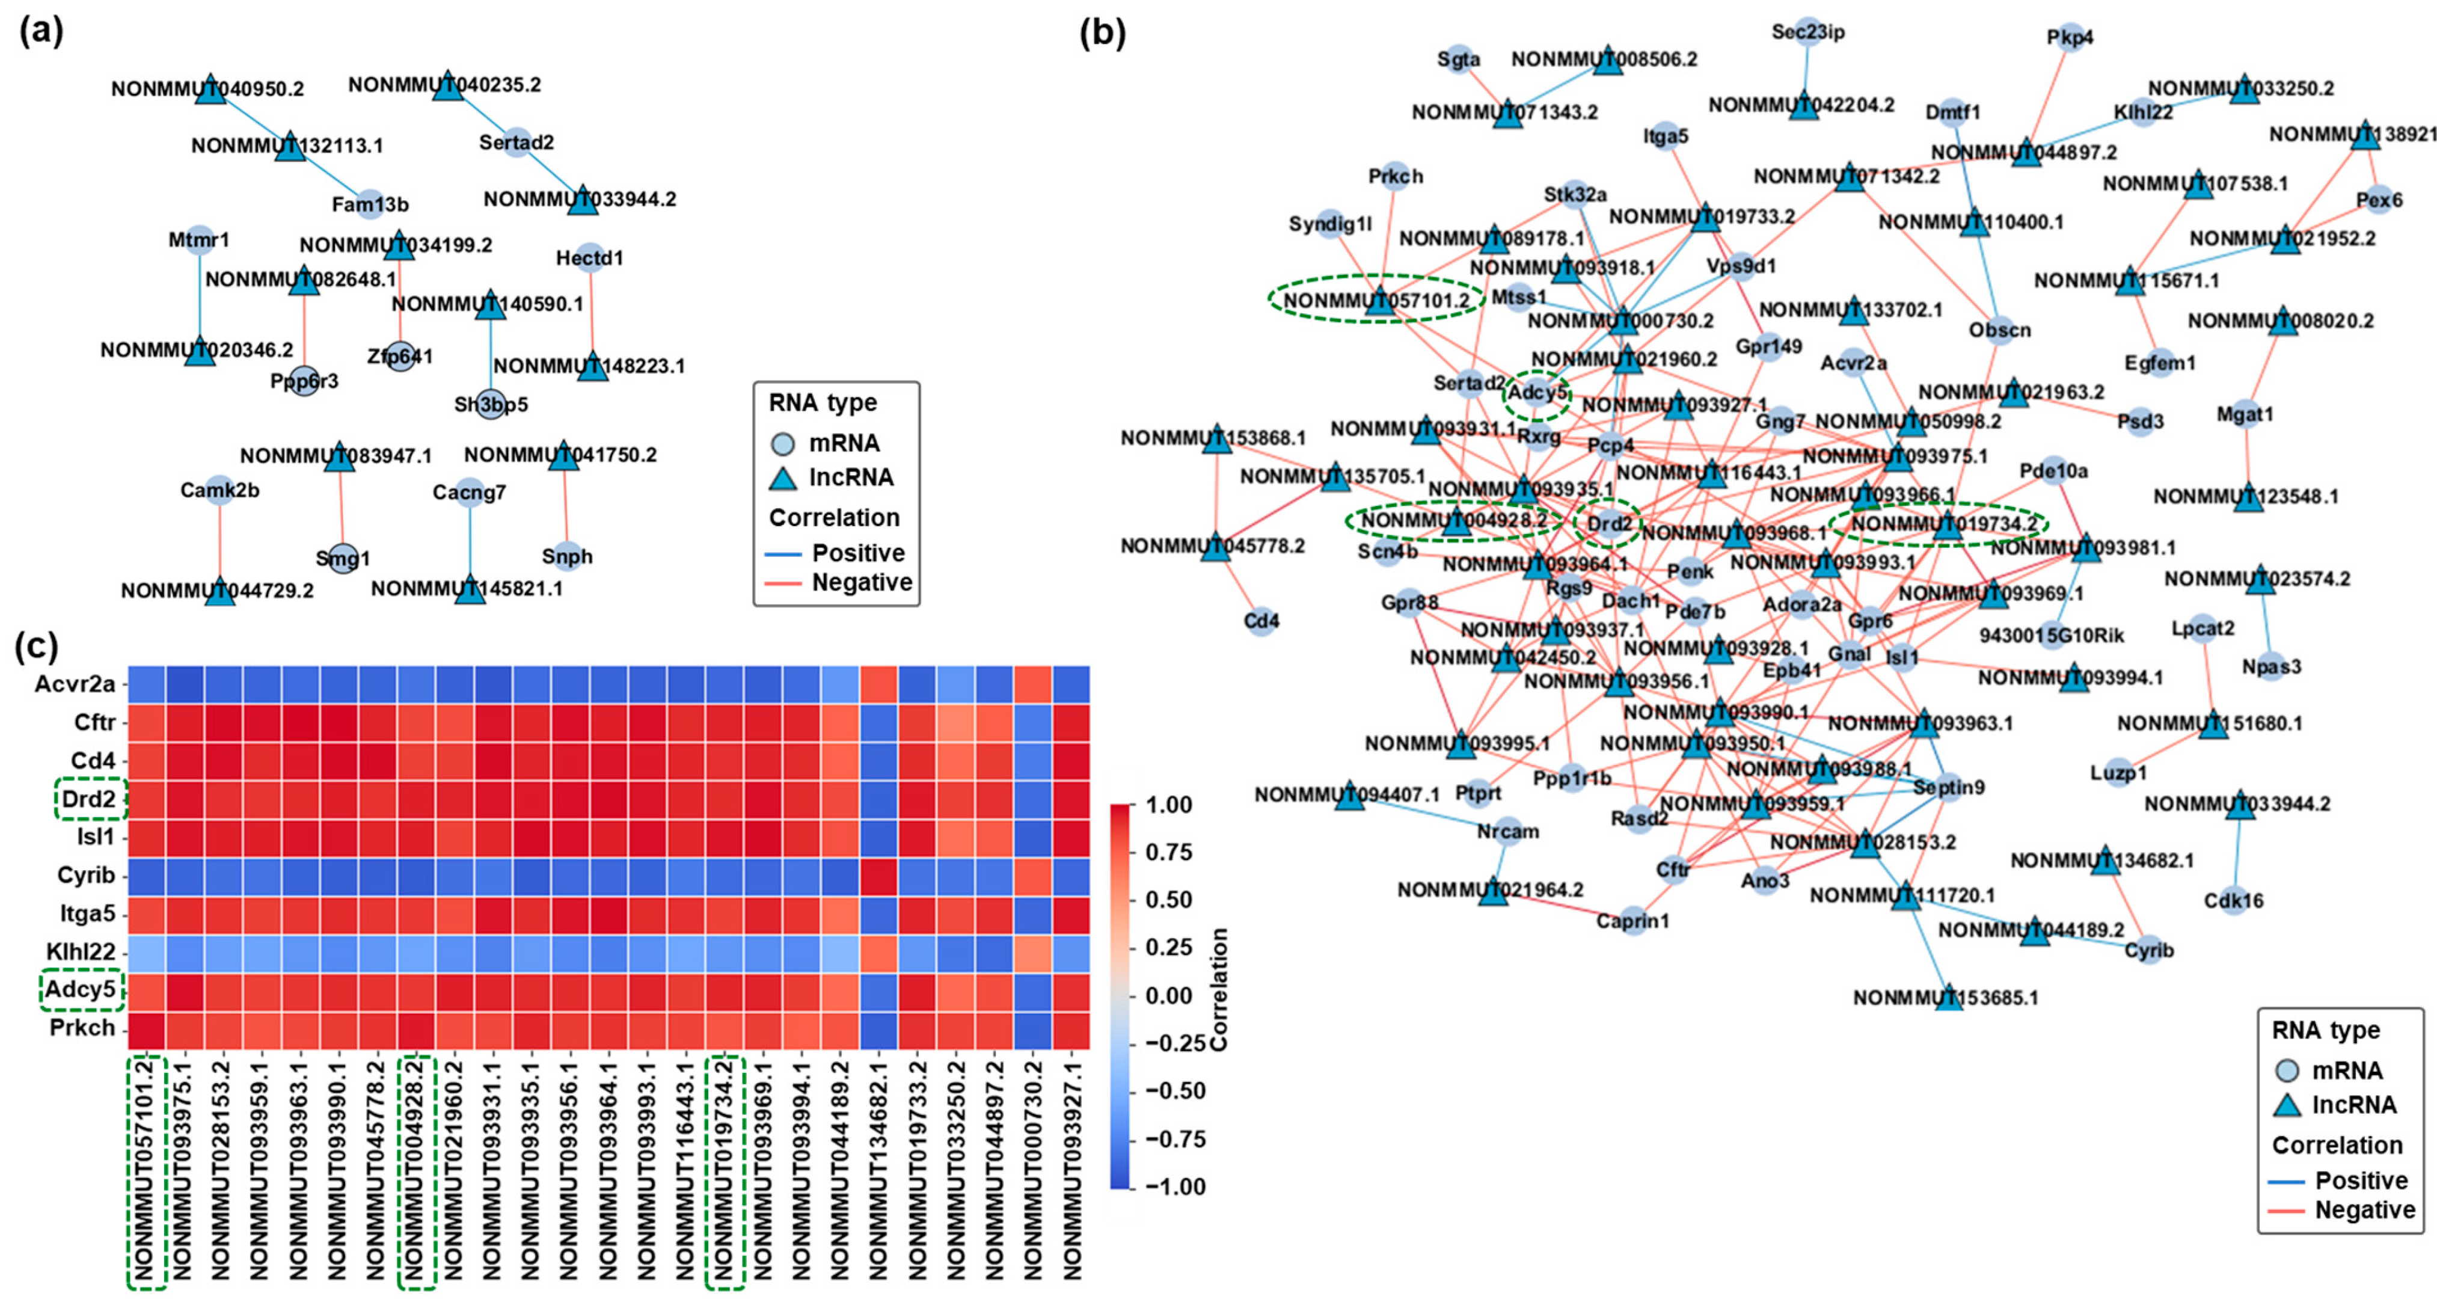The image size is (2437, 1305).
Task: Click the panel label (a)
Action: tap(41, 31)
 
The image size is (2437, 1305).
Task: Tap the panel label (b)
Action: tap(1102, 33)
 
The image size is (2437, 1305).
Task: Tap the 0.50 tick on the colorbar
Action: tap(1169, 900)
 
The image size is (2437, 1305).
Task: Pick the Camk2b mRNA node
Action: tap(219, 490)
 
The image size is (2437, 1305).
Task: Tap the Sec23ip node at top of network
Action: tap(1808, 32)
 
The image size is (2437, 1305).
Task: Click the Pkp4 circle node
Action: tap(2070, 38)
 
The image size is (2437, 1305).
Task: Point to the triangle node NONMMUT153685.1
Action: tap(1949, 998)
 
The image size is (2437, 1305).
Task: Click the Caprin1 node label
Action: tap(1633, 921)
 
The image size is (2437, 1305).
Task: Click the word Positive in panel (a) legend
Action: tap(858, 553)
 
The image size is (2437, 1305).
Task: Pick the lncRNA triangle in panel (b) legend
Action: tap(2287, 1104)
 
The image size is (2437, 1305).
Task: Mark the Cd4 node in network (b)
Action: tap(1261, 621)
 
